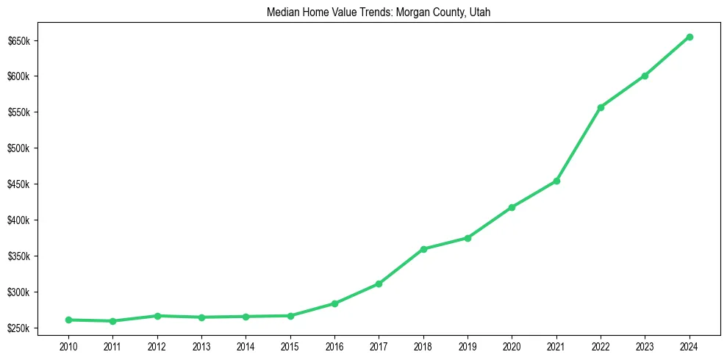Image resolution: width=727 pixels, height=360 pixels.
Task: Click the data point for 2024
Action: [689, 37]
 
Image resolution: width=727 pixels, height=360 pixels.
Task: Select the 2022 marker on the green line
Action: [601, 107]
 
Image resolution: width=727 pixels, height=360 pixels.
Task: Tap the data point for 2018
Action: [423, 249]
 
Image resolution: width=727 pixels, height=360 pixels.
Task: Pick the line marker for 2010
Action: [68, 320]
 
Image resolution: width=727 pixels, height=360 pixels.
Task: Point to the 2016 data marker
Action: [334, 303]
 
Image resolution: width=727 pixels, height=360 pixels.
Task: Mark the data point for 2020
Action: [512, 207]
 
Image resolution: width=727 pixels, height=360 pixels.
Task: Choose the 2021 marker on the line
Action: [556, 181]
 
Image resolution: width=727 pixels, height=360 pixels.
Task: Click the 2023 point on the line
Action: [645, 76]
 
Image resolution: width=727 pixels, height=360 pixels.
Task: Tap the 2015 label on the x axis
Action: [290, 344]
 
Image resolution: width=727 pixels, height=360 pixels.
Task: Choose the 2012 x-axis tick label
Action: [157, 344]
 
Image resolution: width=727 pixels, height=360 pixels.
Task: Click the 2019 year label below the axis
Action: [468, 344]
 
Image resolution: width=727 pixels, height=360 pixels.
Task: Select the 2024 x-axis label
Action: [689, 344]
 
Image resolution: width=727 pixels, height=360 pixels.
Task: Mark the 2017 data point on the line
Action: [379, 284]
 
